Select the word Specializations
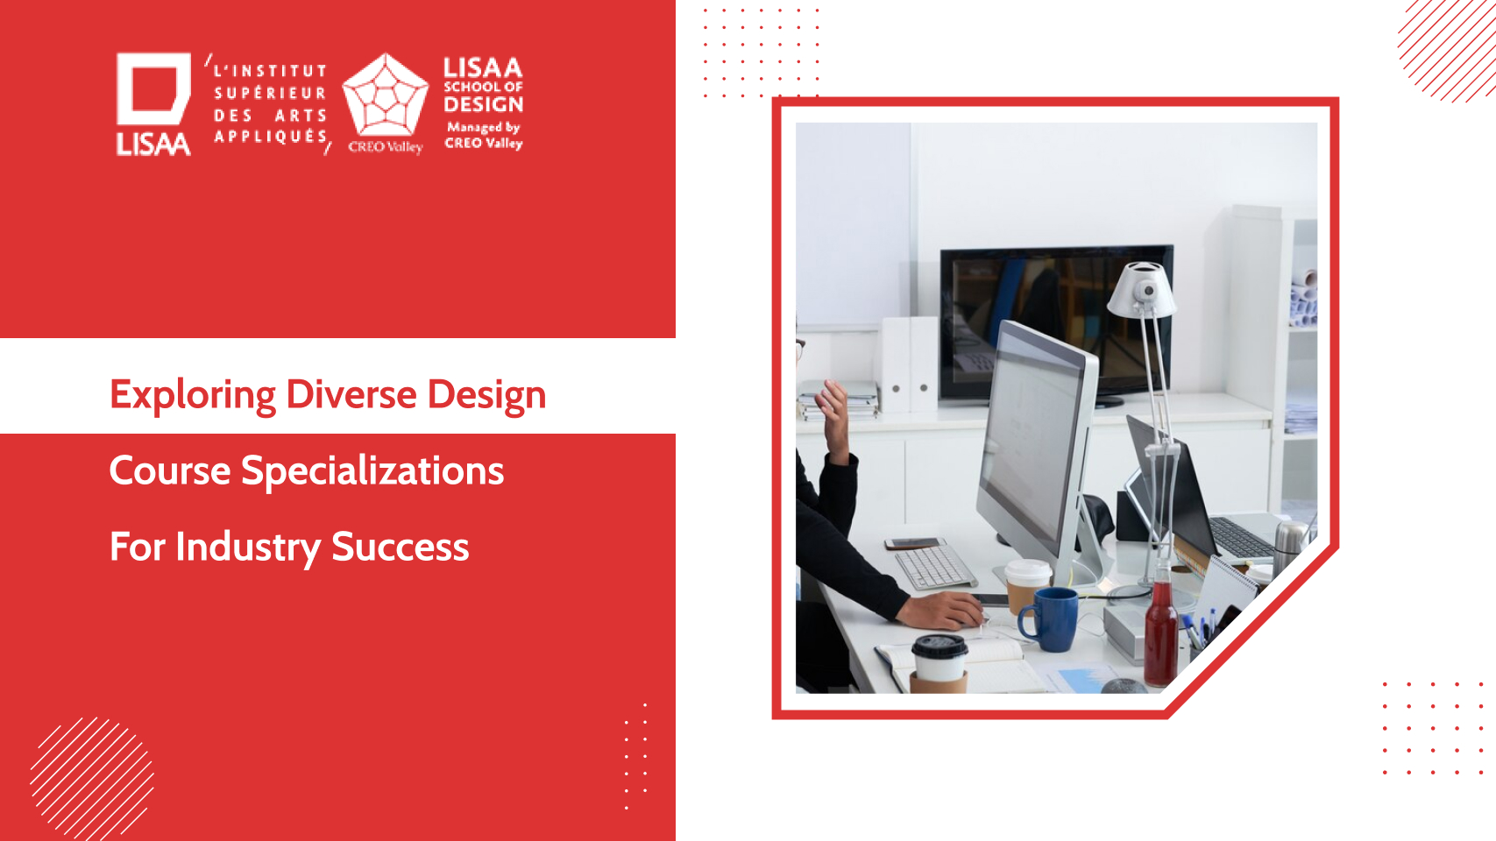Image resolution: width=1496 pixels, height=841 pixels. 372,472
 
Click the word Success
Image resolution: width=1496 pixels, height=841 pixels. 400,548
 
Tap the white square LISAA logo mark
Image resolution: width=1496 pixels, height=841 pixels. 153,88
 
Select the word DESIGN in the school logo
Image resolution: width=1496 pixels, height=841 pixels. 484,105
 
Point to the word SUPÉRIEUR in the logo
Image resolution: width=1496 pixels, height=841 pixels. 271,93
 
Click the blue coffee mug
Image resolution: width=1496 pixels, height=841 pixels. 1047,619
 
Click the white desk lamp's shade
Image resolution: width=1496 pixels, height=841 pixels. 1141,289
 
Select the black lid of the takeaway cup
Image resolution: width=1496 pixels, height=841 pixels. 939,647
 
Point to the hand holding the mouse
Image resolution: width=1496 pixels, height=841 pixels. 943,610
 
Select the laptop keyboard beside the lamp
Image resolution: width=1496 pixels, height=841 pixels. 1242,537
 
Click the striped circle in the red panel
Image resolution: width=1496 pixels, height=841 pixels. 92,779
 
